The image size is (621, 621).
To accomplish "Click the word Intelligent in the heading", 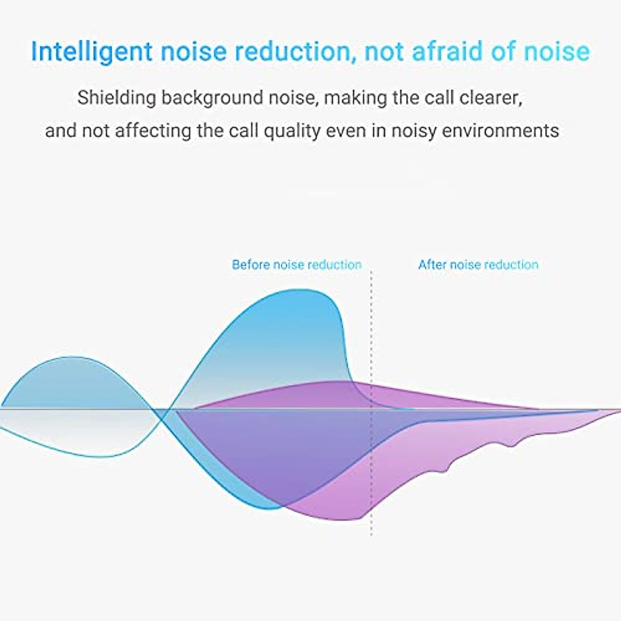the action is [92, 52].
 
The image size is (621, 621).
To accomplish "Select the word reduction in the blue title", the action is [295, 52].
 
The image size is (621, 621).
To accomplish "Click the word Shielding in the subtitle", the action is [116, 98].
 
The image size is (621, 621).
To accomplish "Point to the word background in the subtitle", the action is [212, 98].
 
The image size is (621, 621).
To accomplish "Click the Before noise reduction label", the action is [297, 264].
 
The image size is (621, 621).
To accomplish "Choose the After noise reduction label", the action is [478, 264].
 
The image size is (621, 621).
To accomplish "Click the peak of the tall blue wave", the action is [301, 290].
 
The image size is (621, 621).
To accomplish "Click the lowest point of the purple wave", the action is [342, 520].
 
